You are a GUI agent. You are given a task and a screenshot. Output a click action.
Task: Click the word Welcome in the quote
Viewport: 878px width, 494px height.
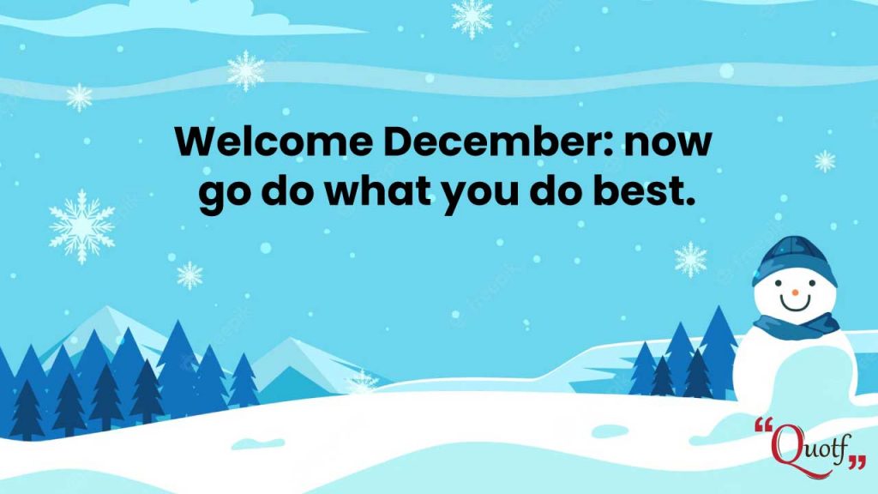274,142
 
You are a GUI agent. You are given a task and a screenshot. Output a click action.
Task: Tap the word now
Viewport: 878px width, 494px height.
668,144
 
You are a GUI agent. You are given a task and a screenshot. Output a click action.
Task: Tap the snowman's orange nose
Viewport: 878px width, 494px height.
795,292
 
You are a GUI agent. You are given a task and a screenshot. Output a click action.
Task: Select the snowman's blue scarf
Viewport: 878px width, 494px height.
797,326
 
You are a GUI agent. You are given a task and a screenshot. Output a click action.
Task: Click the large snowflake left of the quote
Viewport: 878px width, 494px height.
81,226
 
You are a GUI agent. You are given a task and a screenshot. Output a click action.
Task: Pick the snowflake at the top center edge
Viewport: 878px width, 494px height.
472,18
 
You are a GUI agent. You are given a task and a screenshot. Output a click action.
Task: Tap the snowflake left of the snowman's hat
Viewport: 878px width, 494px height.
690,259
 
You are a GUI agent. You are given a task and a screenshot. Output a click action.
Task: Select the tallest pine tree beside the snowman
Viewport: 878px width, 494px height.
719,352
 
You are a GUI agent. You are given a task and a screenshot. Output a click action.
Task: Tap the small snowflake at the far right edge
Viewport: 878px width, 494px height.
825,161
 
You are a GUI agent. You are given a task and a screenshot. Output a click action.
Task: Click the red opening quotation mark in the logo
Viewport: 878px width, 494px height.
762,425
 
